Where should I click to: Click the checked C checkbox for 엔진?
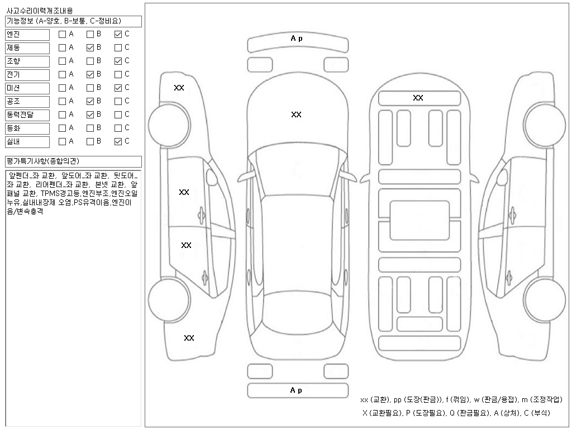tap(118, 34)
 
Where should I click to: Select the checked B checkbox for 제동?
tap(90, 47)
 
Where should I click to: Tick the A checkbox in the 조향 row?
tap(62, 61)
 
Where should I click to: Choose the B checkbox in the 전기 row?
tap(90, 74)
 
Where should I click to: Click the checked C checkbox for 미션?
tap(118, 88)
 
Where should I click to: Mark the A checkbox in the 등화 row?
tap(62, 128)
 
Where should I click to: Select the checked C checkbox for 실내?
tap(118, 141)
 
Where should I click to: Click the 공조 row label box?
tap(28, 101)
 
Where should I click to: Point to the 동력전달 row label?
tap(28, 115)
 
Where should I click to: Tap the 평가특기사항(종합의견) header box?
tap(73, 161)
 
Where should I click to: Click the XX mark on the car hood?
tap(296, 115)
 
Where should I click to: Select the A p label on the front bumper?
tap(296, 39)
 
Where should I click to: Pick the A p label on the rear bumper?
tap(296, 390)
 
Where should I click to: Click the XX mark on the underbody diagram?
tap(418, 98)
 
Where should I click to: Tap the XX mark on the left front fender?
tap(179, 88)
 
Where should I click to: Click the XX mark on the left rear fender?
tap(189, 338)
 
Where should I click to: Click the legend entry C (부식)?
tap(535, 413)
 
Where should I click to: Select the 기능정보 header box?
tap(73, 21)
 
